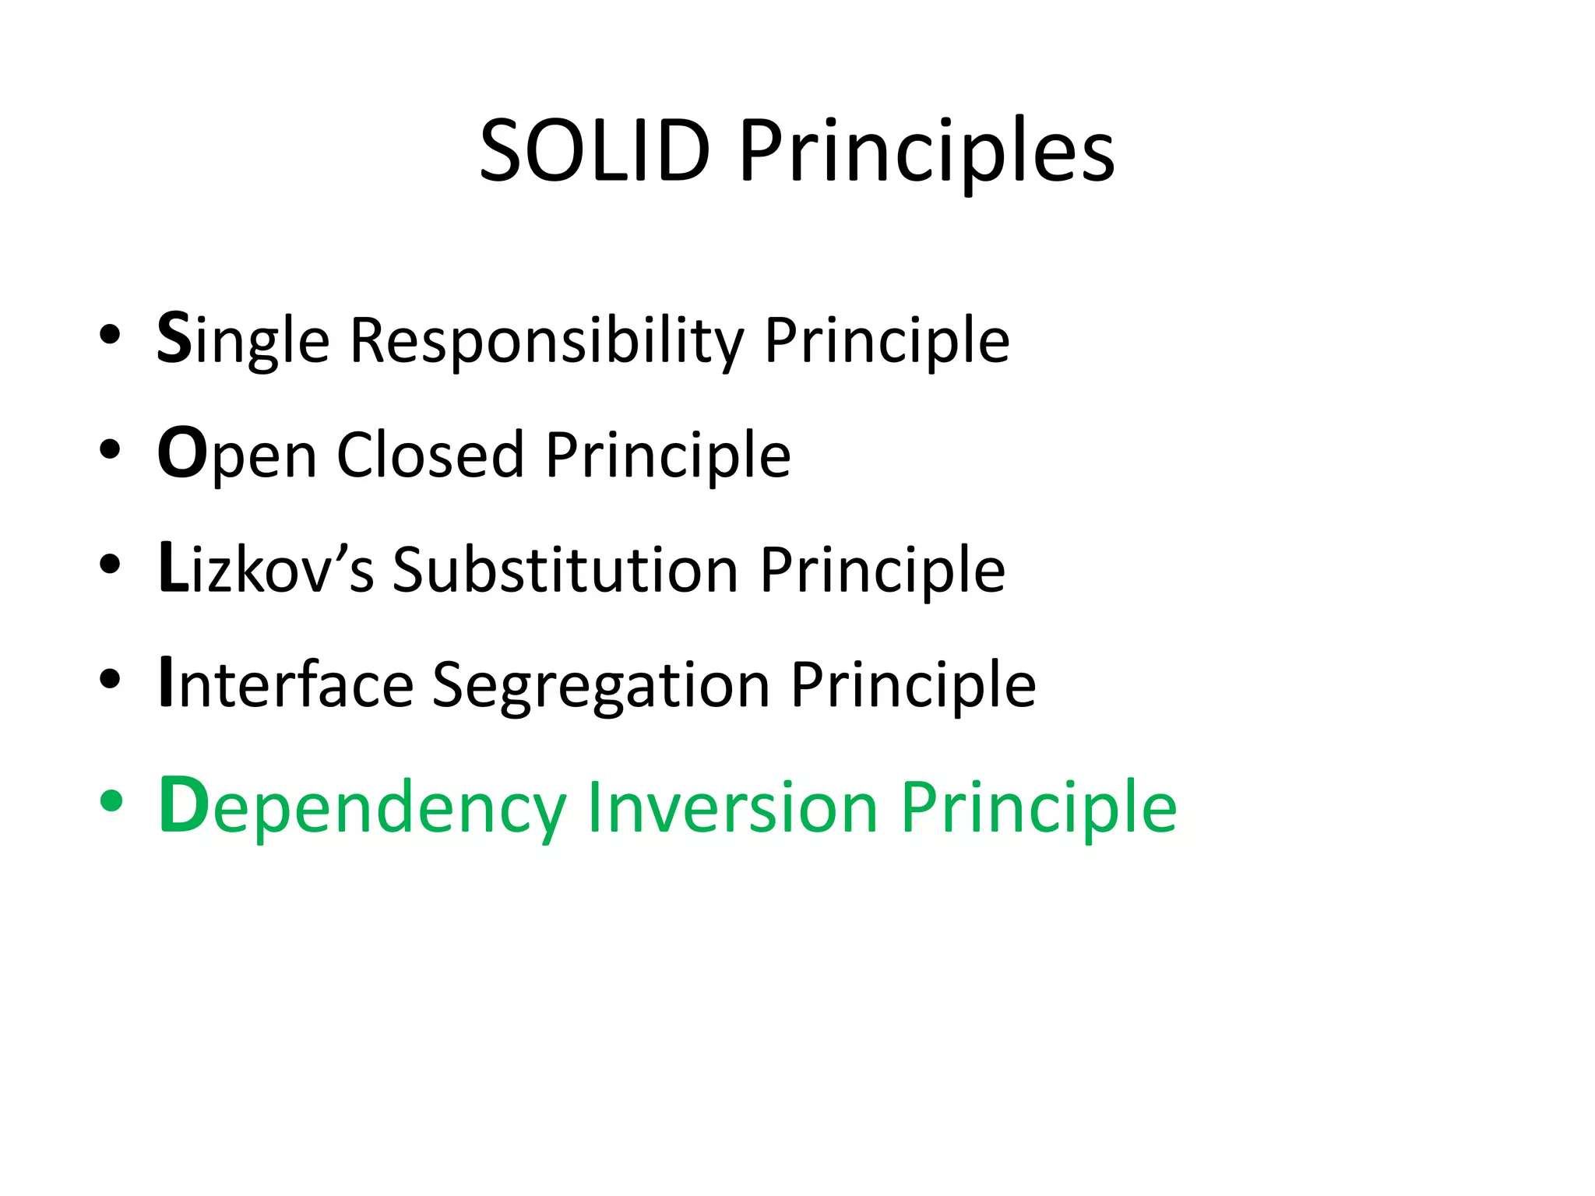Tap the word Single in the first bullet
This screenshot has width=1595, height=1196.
(x=243, y=340)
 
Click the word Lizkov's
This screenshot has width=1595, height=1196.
(x=266, y=569)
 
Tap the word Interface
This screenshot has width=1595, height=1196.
(x=285, y=684)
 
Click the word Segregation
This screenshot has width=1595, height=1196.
(x=601, y=685)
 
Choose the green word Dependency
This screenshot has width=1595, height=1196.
(x=361, y=808)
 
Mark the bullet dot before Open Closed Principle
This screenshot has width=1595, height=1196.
(x=111, y=449)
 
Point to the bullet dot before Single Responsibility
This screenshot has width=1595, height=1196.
(x=111, y=335)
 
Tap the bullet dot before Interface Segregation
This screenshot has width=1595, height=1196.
(x=111, y=679)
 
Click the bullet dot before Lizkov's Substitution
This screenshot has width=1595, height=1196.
(x=111, y=564)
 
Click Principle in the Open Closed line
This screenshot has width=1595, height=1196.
(x=667, y=456)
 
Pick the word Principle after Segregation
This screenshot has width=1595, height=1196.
(x=913, y=685)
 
